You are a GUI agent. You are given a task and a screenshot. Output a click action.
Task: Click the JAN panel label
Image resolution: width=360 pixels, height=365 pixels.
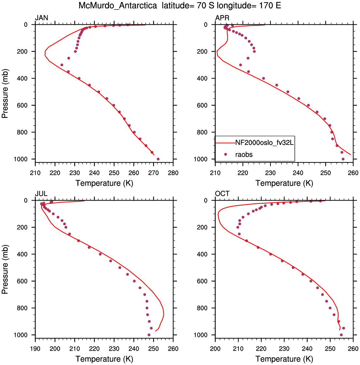[x=41, y=18]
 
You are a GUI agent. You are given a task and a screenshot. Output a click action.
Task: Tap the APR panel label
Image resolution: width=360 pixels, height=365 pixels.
[x=222, y=18]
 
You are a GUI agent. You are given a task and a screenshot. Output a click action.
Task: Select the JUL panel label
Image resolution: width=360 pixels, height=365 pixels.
[x=41, y=194]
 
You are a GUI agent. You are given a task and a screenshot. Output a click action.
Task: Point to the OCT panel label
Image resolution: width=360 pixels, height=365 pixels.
[x=222, y=194]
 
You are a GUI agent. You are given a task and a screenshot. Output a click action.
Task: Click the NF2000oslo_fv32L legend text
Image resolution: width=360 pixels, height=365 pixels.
[x=265, y=143]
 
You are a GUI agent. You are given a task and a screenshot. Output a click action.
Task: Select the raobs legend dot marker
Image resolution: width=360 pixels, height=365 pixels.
[x=225, y=154]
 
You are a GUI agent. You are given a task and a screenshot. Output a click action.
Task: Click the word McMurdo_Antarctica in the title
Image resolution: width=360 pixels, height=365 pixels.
[x=118, y=5]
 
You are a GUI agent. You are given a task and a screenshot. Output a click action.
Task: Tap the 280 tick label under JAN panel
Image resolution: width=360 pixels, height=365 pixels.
[x=173, y=173]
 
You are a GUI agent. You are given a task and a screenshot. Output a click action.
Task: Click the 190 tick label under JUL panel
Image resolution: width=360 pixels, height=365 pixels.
[x=35, y=349]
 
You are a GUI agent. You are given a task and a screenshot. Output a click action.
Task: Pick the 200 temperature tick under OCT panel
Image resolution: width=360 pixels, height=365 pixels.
[x=215, y=349]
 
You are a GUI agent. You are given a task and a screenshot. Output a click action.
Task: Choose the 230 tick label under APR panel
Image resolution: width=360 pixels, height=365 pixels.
[x=270, y=173]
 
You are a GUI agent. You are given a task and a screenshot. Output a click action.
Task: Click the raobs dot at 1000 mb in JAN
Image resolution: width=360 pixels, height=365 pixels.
[x=158, y=159]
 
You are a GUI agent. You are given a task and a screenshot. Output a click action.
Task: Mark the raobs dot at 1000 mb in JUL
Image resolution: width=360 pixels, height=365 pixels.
[x=149, y=335]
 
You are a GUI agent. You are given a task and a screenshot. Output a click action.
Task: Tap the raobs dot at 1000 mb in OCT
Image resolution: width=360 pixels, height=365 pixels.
[x=341, y=335]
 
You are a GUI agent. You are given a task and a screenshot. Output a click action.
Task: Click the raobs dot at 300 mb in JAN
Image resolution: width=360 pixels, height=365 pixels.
[x=62, y=65]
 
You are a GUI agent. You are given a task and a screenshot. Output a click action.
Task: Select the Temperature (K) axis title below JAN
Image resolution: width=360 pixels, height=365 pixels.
[x=104, y=183]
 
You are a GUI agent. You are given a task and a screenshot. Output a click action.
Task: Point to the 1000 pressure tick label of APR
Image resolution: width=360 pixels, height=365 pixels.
[x=200, y=159]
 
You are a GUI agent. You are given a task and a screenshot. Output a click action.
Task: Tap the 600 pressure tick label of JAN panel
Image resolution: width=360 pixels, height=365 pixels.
[x=22, y=105]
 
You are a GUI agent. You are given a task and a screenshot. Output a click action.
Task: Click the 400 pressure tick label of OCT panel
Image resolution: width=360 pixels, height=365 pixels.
[x=202, y=254]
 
